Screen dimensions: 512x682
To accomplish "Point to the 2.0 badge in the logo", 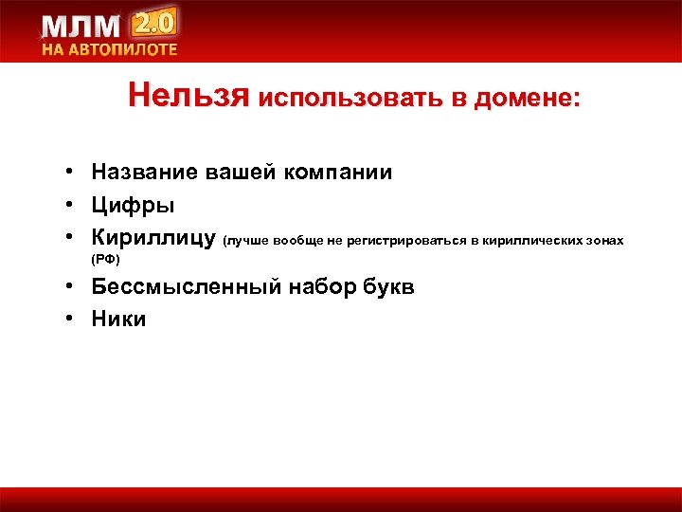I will pos(156,22).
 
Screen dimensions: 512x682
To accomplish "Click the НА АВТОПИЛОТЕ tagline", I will pos(108,50).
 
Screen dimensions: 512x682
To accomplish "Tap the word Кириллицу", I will pos(153,237).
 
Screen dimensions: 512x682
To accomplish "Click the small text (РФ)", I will pos(105,259).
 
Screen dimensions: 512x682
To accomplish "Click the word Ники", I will pos(118,320).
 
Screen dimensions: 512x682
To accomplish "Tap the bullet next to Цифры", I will pos(71,205).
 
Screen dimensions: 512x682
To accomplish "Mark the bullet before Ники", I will pos(71,320).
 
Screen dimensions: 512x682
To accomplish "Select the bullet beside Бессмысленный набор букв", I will pos(71,287).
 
